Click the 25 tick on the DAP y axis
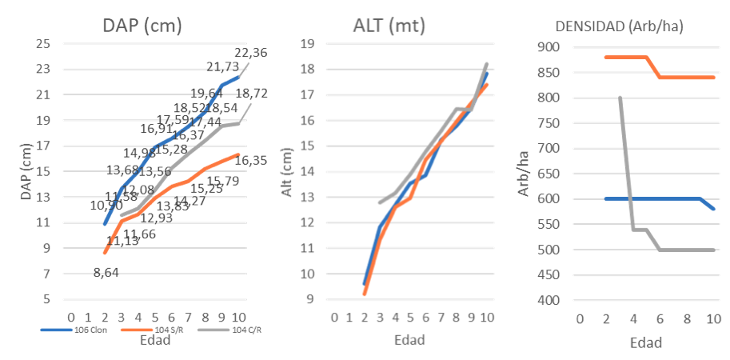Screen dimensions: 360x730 pyautogui.click(x=43, y=43)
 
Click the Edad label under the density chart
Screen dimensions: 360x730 pyautogui.click(x=645, y=343)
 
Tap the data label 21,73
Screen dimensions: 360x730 pyautogui.click(x=223, y=67)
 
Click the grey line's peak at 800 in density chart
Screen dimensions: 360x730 pyautogui.click(x=620, y=98)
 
